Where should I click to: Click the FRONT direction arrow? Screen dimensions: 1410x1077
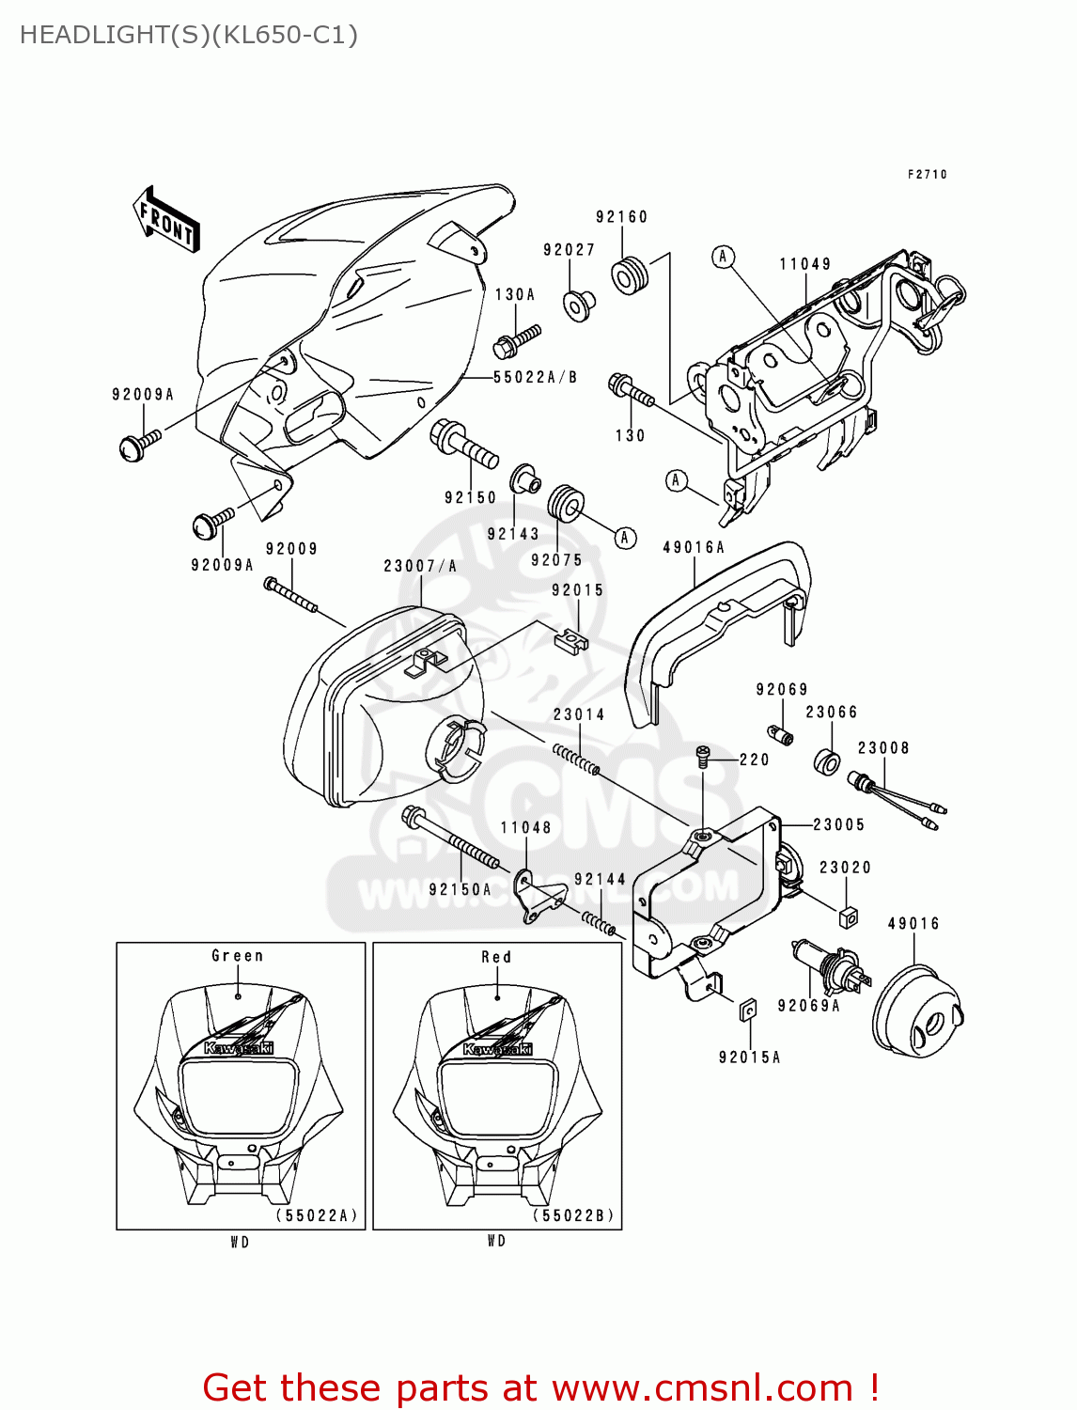(167, 220)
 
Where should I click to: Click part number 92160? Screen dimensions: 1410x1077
(621, 217)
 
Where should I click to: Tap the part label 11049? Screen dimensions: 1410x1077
(805, 264)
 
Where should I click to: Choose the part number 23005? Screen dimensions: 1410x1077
(838, 824)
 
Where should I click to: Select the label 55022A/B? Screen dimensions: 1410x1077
(536, 377)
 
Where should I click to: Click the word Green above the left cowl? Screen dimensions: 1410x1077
(237, 956)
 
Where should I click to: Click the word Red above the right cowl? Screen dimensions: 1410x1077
(496, 957)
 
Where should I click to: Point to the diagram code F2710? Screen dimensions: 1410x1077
(927, 174)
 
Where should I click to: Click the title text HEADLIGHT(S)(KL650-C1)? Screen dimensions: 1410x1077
(189, 35)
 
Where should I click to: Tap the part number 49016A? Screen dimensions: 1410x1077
(694, 547)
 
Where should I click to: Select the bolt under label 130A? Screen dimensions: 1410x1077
(516, 340)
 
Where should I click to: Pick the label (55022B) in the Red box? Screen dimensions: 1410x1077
(573, 1214)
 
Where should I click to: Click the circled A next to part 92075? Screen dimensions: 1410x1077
(625, 538)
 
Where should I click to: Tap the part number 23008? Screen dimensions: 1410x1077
(883, 748)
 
